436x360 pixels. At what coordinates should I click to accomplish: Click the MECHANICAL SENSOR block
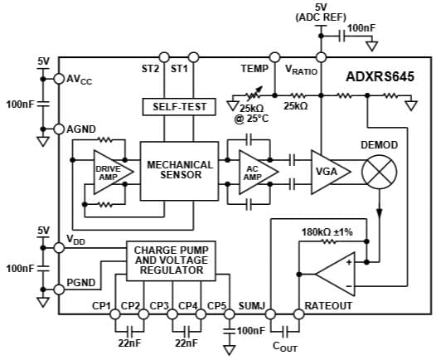click(180, 171)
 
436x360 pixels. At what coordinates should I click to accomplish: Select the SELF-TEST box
click(180, 107)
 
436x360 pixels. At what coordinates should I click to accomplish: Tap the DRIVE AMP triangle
click(108, 173)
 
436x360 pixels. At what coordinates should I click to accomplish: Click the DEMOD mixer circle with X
click(380, 172)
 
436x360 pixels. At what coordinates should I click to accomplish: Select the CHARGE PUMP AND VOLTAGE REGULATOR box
click(171, 260)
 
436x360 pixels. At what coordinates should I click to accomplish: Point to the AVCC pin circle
click(59, 79)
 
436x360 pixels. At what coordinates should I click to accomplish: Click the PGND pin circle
click(59, 289)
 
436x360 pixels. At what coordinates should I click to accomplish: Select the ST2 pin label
click(150, 70)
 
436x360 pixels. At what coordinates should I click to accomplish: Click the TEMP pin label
click(254, 70)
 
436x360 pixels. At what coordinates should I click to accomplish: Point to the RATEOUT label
click(329, 305)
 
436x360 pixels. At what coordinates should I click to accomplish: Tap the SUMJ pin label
click(251, 305)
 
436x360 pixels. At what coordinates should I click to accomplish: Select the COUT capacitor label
click(285, 348)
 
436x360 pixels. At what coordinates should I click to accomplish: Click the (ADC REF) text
click(320, 17)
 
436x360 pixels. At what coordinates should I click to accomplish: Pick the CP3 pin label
click(159, 305)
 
